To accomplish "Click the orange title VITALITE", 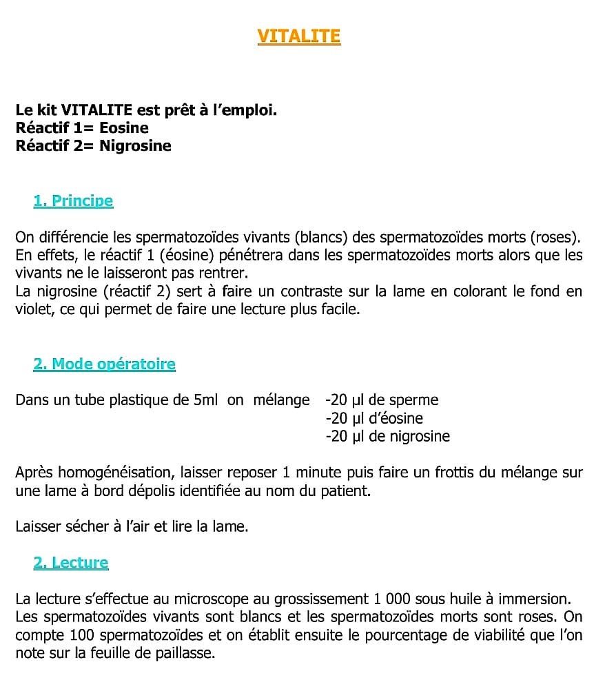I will tap(299, 36).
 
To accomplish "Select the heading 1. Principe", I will tap(73, 201).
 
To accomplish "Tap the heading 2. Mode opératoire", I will tap(104, 364).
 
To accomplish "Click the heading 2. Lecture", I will tap(71, 562).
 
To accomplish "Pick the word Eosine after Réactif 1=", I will tap(124, 127).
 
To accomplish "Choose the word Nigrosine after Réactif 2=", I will tap(135, 145).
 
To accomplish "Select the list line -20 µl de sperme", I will tap(382, 400).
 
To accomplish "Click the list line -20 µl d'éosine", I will tap(374, 418).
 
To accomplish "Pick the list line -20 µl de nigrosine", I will tap(387, 436).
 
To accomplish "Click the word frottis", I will tap(435, 473).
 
